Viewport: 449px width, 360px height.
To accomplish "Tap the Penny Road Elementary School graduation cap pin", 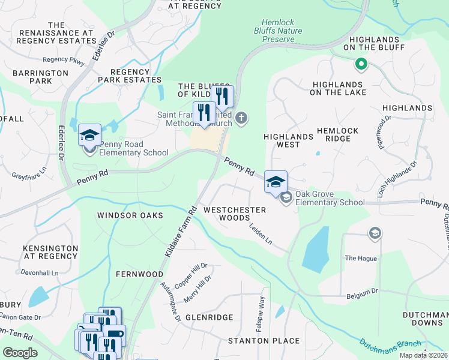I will pyautogui.click(x=89, y=135).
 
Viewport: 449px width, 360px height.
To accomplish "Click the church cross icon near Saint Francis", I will pyautogui.click(x=241, y=117).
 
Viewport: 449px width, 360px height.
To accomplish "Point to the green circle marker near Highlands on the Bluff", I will pyautogui.click(x=361, y=63).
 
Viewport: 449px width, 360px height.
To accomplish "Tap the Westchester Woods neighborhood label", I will pyautogui.click(x=234, y=214).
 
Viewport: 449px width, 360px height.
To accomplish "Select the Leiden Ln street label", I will pyautogui.click(x=261, y=235).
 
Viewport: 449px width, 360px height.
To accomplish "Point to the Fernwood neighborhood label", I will pyautogui.click(x=139, y=274).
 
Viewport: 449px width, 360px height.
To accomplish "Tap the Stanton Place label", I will pyautogui.click(x=264, y=341).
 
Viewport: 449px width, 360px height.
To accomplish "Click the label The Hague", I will pyautogui.click(x=361, y=258).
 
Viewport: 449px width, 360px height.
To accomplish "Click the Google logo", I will pyautogui.click(x=20, y=353).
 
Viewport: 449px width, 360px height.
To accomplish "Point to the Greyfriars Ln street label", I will pyautogui.click(x=28, y=176).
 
